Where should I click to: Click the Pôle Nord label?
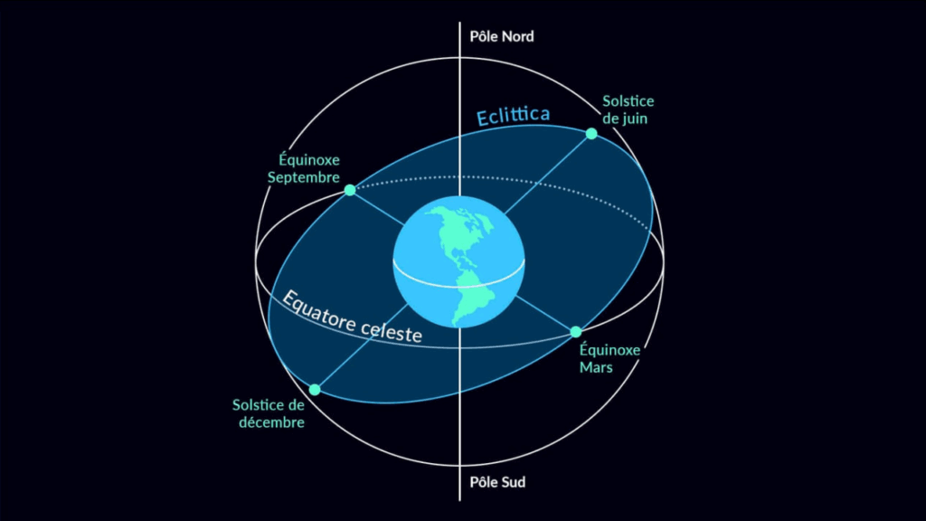pyautogui.click(x=502, y=37)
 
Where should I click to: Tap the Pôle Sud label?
pyautogui.click(x=497, y=482)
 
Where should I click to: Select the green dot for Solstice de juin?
pyautogui.click(x=591, y=134)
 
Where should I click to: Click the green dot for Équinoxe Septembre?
pyautogui.click(x=350, y=190)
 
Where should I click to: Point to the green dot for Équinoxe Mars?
pyautogui.click(x=576, y=332)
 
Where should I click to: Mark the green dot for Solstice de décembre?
pyautogui.click(x=315, y=390)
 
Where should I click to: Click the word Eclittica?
pyautogui.click(x=514, y=117)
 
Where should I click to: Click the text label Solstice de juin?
pyautogui.click(x=628, y=109)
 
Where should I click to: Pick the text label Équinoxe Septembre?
pyautogui.click(x=303, y=169)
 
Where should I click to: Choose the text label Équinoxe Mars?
pyautogui.click(x=609, y=358)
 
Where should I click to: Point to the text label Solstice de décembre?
pyautogui.click(x=269, y=414)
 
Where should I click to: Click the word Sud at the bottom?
pyautogui.click(x=512, y=482)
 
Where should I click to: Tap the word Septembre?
pyautogui.click(x=303, y=177)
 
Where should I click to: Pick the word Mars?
pyautogui.click(x=598, y=367)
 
